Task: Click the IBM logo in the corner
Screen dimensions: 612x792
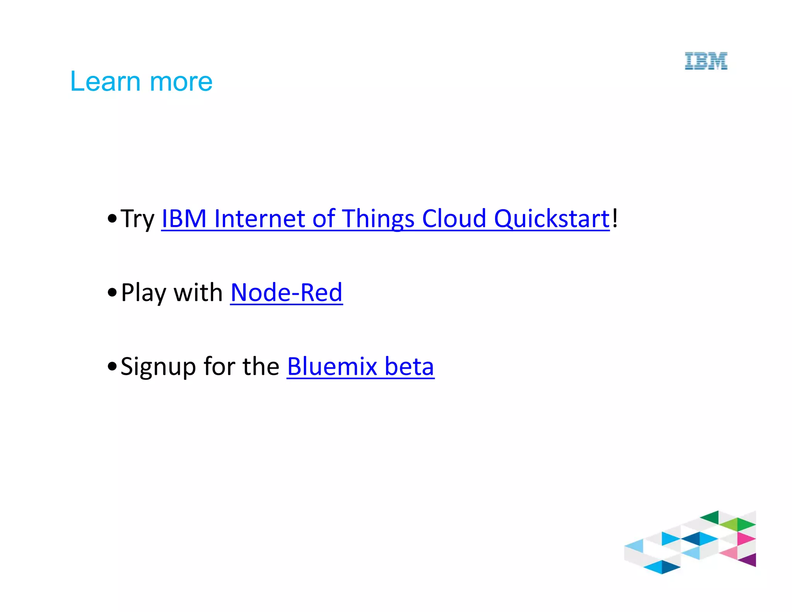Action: pos(706,61)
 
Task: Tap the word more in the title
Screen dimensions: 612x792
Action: pos(181,82)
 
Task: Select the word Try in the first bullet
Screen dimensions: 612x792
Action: pos(137,219)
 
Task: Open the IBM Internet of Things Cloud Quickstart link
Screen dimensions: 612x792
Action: pos(385,219)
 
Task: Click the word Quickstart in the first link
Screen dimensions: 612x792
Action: pos(552,219)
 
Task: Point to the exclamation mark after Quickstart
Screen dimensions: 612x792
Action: pos(615,218)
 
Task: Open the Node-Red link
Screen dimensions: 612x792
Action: pos(286,292)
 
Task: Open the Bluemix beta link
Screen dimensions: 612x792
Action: pos(360,366)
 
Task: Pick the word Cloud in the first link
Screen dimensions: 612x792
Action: pos(454,219)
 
